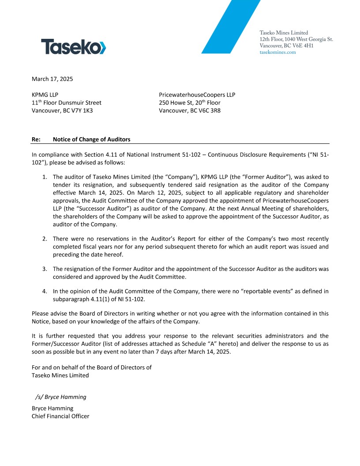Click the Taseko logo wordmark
click(73, 46)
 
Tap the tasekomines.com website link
click(278, 52)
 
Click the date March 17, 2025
click(52, 79)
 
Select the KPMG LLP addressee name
click(45, 94)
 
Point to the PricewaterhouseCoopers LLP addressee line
click(197, 94)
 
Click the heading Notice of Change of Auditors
click(91, 139)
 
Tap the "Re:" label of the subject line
click(36, 139)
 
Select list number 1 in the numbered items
click(45, 177)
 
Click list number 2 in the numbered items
click(45, 239)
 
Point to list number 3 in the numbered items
click(45, 269)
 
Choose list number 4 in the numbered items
click(45, 291)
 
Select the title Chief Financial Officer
click(60, 416)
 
